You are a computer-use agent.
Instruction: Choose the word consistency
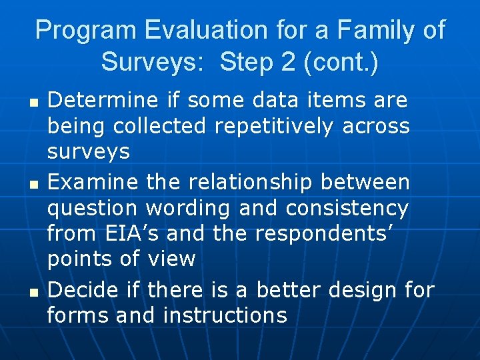coord(347,208)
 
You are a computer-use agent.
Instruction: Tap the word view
coord(171,259)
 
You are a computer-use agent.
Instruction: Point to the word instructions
coord(225,315)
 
